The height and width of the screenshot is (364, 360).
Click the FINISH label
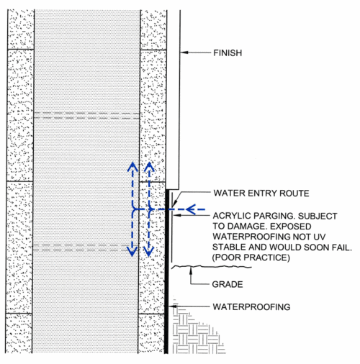228,53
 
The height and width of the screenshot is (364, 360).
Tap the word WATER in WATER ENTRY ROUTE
230,193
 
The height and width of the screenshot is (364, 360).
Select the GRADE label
228,284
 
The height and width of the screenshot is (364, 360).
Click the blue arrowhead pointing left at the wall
189,210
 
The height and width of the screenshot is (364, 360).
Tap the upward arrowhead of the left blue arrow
131,167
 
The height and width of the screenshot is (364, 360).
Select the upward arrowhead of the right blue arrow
149,167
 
